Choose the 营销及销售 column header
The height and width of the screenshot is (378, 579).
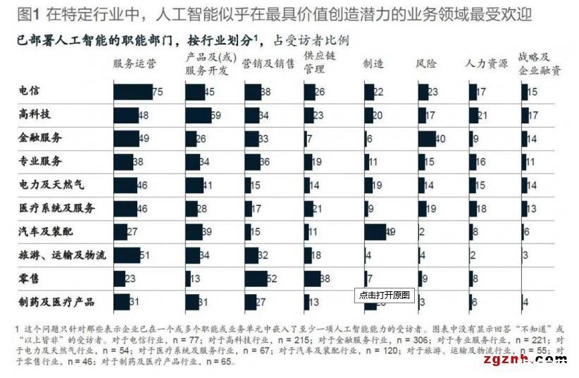coord(268,64)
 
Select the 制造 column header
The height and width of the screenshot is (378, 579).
coord(373,64)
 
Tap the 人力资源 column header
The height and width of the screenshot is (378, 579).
coord(486,64)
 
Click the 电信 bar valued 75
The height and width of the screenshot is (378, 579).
coord(132,92)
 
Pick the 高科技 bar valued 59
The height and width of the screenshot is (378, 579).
coord(198,115)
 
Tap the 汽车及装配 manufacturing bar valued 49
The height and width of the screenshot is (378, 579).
coord(375,232)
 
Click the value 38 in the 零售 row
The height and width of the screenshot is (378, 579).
coord(325,279)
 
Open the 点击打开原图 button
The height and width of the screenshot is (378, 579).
coord(384,295)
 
